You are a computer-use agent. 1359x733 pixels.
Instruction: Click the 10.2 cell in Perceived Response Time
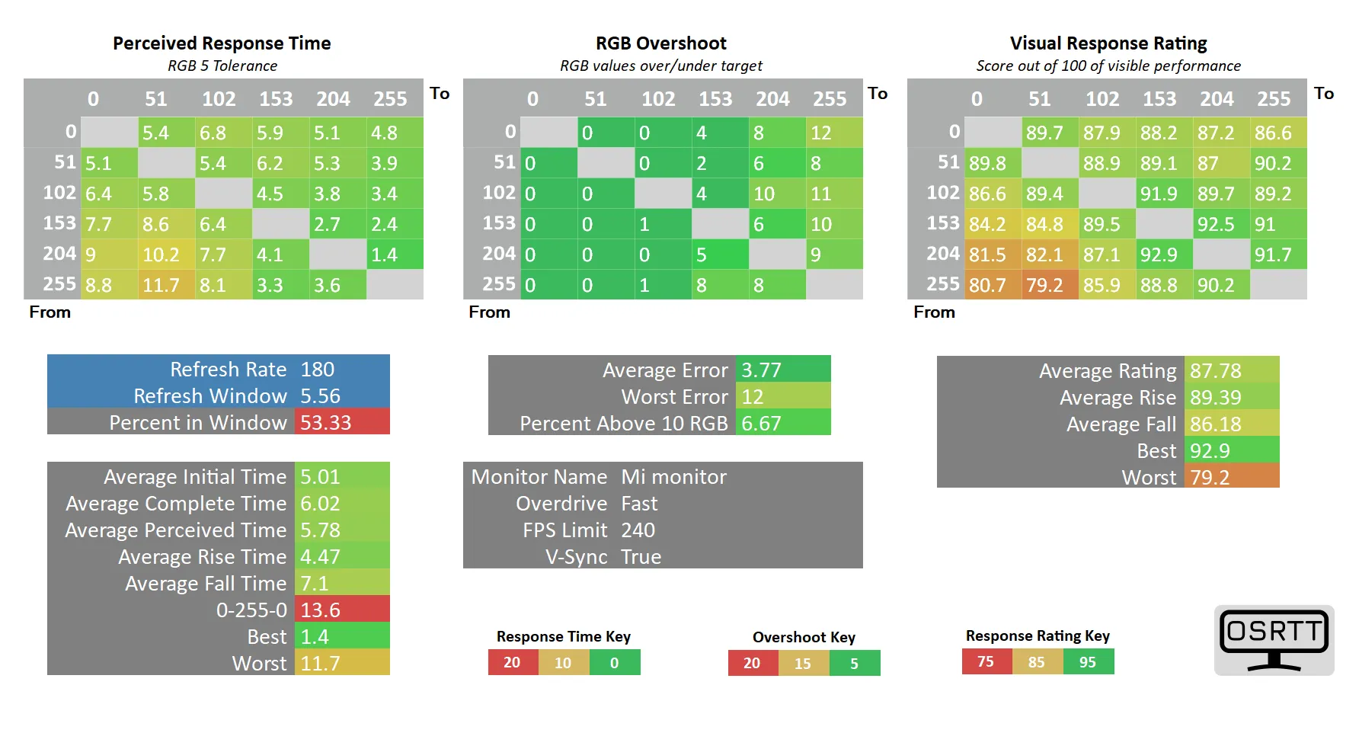(165, 254)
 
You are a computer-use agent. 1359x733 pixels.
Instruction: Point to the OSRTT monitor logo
(1274, 640)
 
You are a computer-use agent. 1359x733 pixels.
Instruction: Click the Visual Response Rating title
(1108, 43)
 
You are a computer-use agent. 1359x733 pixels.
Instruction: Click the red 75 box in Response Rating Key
(986, 661)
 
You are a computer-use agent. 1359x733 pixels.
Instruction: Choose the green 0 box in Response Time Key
(615, 663)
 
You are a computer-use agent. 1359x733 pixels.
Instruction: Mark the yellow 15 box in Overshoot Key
(803, 663)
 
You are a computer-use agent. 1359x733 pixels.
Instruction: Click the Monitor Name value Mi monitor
(674, 477)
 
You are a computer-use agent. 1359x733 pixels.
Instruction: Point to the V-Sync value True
(641, 557)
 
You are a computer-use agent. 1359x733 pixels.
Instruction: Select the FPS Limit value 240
(638, 530)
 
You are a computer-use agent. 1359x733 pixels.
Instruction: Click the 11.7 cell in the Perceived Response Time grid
(165, 285)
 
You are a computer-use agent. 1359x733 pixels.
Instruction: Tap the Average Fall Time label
(206, 584)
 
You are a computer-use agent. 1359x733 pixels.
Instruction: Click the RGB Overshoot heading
(660, 43)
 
